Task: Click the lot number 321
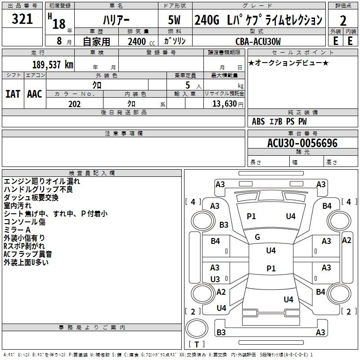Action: [x=22, y=19]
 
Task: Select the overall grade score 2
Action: [x=343, y=20]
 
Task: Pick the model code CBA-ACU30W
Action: [x=258, y=41]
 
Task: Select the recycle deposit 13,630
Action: [x=227, y=103]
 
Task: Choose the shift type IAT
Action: [x=13, y=94]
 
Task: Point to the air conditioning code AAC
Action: [x=34, y=94]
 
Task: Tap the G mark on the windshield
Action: [x=257, y=237]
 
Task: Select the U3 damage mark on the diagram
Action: [x=215, y=279]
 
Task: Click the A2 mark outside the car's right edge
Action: [x=346, y=240]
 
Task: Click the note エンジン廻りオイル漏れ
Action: [x=42, y=181]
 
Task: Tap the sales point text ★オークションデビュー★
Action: [x=288, y=63]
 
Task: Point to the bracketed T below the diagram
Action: [x=196, y=344]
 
